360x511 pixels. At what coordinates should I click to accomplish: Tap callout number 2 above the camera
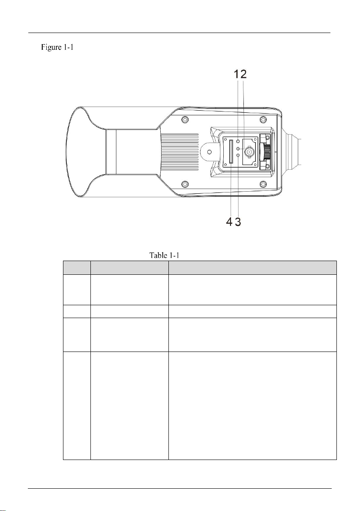click(243, 74)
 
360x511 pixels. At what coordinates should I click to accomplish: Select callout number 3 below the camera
click(238, 222)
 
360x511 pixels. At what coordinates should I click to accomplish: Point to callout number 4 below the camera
click(230, 222)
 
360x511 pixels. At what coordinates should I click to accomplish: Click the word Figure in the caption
click(51, 48)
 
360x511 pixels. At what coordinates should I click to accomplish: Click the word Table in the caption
click(157, 255)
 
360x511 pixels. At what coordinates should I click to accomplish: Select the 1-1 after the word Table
click(174, 255)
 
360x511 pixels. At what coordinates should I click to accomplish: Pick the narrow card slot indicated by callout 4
click(230, 151)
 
